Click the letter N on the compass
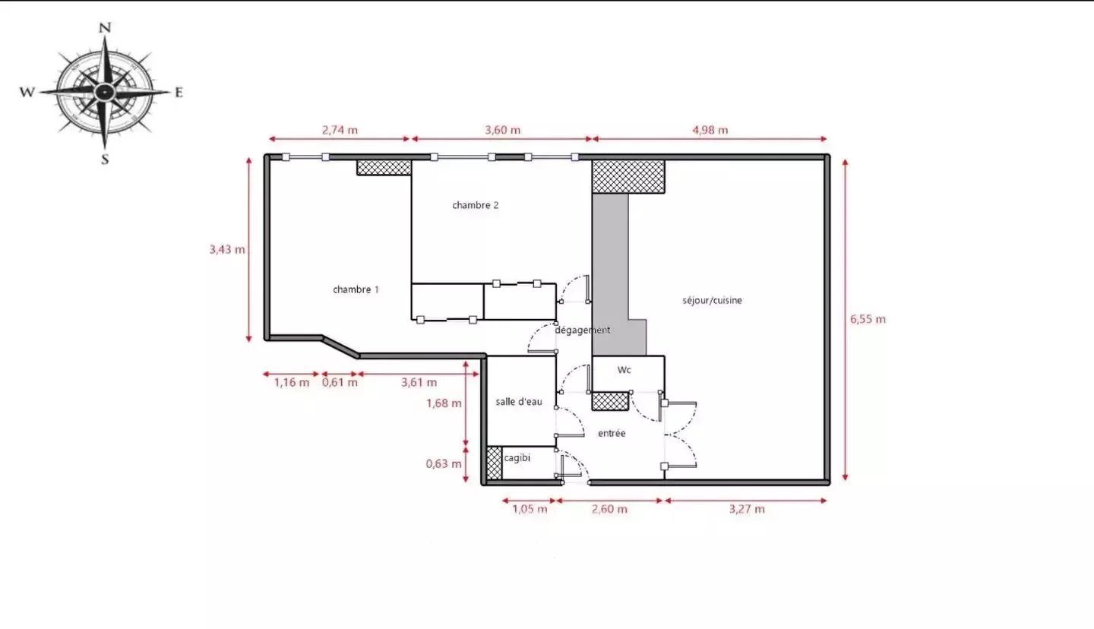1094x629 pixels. pos(105,28)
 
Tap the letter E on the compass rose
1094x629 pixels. pos(179,93)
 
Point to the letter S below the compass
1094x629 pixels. pos(105,160)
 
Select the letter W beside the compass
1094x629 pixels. pos(27,92)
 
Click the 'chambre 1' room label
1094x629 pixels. pos(356,289)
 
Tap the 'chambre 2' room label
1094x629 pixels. pos(476,205)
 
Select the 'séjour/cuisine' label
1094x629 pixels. pos(712,300)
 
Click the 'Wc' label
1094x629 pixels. pos(624,370)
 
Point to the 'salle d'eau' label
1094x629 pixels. pos(519,401)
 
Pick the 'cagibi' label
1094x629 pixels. pos(517,458)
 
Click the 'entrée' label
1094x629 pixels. pos(612,433)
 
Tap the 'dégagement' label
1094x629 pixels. pos(582,330)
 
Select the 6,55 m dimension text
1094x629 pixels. pos(868,319)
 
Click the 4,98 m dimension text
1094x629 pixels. pos(710,130)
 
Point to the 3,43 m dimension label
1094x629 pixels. pos(227,249)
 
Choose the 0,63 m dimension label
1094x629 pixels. pos(444,464)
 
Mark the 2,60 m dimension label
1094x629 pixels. pos(609,509)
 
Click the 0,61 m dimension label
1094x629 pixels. pos(340,382)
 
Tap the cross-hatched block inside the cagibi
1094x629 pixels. pos(495,463)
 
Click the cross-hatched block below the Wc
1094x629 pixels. pos(610,401)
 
